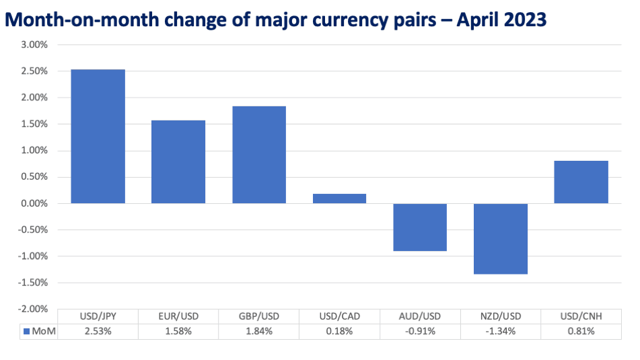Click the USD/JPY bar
98,137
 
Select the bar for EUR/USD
178,161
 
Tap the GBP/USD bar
259,155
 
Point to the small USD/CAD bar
340,199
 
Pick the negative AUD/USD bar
420,227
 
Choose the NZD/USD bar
501,239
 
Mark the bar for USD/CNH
581,182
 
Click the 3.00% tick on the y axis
35,44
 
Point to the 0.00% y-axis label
35,203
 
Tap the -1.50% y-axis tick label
33,283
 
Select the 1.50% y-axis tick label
35,124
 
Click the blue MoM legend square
26,332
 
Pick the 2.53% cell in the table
98,331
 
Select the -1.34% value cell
501,331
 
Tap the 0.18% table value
340,331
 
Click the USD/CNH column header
581,316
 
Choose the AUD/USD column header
420,316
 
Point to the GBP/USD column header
259,316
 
